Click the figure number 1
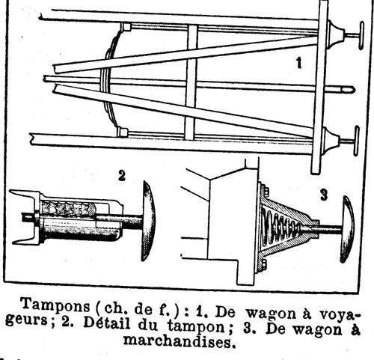point(299,63)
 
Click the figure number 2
point(122,175)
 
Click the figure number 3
point(324,195)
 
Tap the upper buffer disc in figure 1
point(361,35)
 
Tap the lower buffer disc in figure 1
point(357,141)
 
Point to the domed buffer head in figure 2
point(148,221)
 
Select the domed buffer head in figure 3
point(347,229)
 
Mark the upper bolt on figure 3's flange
point(266,191)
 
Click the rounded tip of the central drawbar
point(349,89)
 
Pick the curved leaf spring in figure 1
point(110,79)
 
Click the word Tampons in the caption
point(55,305)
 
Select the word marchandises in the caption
point(180,342)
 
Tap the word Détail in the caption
point(107,323)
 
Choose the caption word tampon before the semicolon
point(197,327)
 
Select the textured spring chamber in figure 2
point(67,208)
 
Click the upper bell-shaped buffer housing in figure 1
point(335,34)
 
